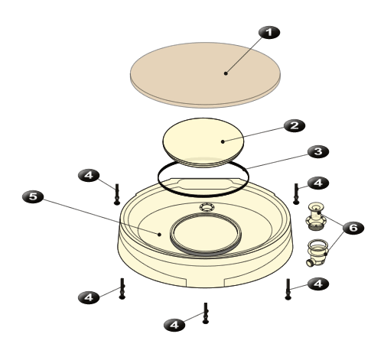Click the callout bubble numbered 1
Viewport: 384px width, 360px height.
pyautogui.click(x=269, y=33)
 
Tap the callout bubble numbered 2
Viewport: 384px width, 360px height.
pyautogui.click(x=295, y=125)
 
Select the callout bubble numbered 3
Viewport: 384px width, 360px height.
pyautogui.click(x=318, y=152)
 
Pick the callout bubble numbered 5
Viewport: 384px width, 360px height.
pyautogui.click(x=33, y=197)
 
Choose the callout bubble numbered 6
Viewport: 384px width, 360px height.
pyautogui.click(x=353, y=228)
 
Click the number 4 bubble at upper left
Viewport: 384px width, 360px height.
pyautogui.click(x=89, y=176)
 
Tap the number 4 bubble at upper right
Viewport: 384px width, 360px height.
pyautogui.click(x=318, y=183)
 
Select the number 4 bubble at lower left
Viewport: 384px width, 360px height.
pyautogui.click(x=89, y=297)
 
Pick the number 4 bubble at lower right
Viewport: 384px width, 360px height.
pyautogui.click(x=318, y=284)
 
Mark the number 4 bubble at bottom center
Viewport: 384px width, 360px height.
pyautogui.click(x=174, y=325)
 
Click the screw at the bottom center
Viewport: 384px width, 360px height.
pyautogui.click(x=206, y=313)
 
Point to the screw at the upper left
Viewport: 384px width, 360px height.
pyautogui.click(x=117, y=194)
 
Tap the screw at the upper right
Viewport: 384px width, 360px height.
pyautogui.click(x=296, y=193)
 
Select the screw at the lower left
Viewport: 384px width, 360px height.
pyautogui.click(x=122, y=289)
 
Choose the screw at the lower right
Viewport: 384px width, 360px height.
pyautogui.click(x=288, y=289)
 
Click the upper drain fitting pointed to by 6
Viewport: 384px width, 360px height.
pyautogui.click(x=316, y=216)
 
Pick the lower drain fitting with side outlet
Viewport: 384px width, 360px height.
pyautogui.click(x=317, y=253)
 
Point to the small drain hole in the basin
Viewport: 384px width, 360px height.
pyautogui.click(x=207, y=207)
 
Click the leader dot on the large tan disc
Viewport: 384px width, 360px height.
pyautogui.click(x=226, y=73)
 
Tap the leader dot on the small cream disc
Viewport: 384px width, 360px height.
pyautogui.click(x=223, y=141)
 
